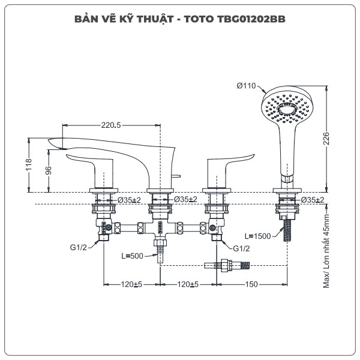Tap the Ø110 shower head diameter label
pyautogui.click(x=247, y=86)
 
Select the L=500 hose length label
pyautogui.click(x=133, y=256)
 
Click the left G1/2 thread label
pyautogui.click(x=79, y=248)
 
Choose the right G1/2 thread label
pyautogui.click(x=241, y=248)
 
